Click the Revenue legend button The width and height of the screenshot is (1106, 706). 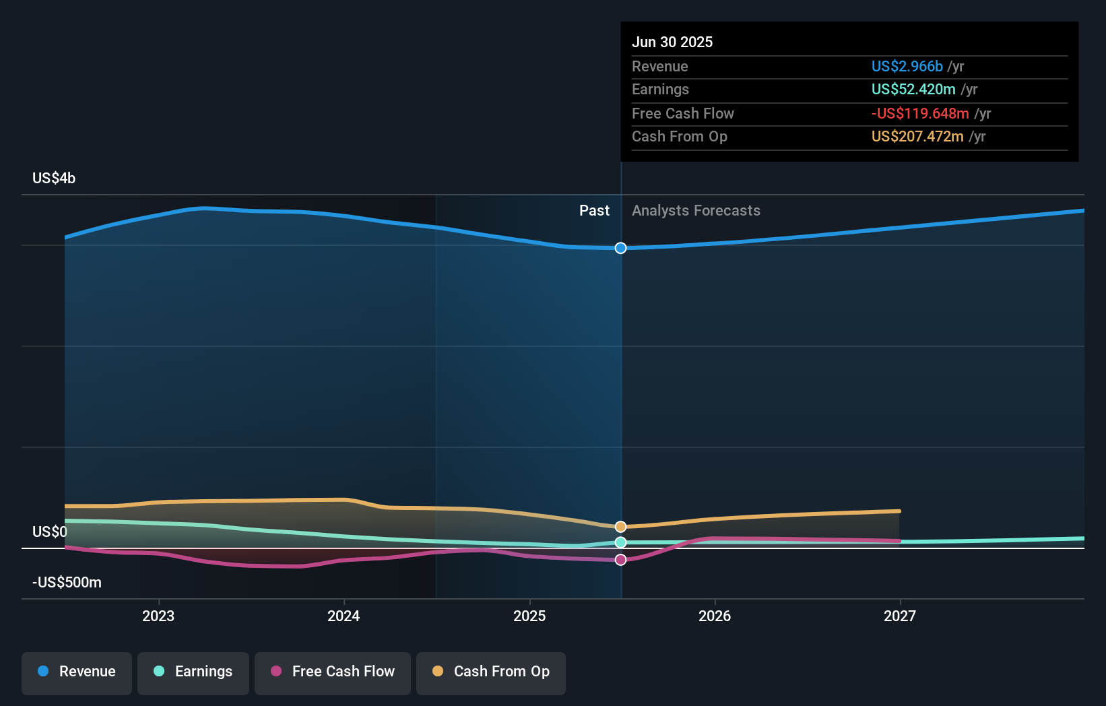point(77,672)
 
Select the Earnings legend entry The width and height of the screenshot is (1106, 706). point(193,672)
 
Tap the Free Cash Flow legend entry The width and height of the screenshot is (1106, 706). point(333,672)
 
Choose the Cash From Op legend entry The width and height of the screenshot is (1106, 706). point(491,672)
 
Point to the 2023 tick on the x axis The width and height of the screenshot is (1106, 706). point(158,616)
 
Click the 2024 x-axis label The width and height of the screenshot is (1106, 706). point(344,616)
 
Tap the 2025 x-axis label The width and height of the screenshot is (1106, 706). point(529,616)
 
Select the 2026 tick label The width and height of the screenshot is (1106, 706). point(715,616)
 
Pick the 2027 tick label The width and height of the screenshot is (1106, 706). point(900,616)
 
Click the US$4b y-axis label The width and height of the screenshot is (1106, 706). point(54,179)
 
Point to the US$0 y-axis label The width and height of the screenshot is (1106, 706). point(50,532)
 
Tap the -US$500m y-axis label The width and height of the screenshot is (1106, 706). point(67,583)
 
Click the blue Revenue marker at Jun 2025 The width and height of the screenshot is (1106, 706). point(621,248)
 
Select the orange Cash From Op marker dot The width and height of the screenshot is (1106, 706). point(621,527)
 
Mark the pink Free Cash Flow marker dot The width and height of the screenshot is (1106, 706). point(621,560)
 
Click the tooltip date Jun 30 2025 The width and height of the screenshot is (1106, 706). point(672,42)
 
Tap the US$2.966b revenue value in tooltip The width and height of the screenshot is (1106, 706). point(907,66)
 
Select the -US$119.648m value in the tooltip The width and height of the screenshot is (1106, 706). point(920,113)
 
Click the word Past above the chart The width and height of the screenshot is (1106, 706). point(594,211)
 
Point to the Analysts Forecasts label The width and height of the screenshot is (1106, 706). point(696,211)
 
